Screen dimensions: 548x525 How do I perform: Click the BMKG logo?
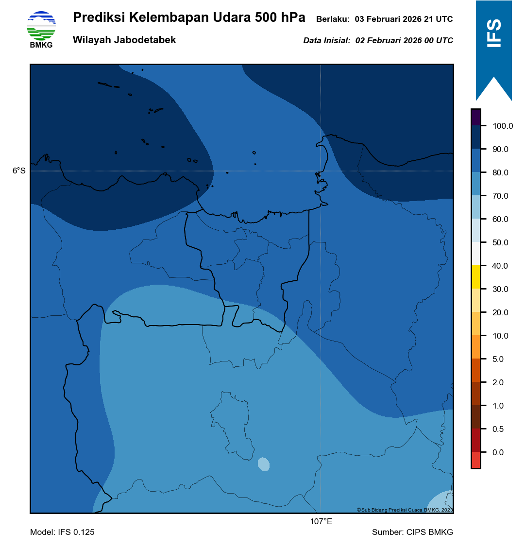click(x=41, y=29)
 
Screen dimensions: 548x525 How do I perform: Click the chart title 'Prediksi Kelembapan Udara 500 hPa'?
click(x=189, y=18)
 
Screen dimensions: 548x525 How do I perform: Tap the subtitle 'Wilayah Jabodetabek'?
click(x=124, y=40)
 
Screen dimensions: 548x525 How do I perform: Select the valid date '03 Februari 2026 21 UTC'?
click(x=404, y=19)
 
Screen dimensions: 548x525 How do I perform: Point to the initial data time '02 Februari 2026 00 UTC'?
click(x=404, y=41)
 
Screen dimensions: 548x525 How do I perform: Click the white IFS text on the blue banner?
click(x=494, y=33)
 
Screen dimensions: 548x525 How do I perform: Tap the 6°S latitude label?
click(x=19, y=171)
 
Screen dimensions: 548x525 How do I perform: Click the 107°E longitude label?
click(x=321, y=522)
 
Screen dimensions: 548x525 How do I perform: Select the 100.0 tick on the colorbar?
click(x=503, y=126)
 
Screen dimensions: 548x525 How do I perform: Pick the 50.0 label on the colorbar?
click(x=500, y=243)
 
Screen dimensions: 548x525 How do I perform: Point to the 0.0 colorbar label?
click(x=498, y=453)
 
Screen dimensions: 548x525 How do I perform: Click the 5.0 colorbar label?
click(x=498, y=360)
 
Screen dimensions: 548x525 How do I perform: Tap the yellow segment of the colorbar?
click(x=476, y=277)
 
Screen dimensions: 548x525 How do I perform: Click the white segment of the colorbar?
click(x=476, y=254)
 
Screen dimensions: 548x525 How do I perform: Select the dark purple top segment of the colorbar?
click(x=476, y=117)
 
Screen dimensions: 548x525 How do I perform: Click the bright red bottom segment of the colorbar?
click(x=476, y=460)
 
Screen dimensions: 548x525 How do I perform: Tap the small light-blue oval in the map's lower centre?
click(x=263, y=464)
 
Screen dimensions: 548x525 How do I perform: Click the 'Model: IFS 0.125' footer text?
click(x=62, y=532)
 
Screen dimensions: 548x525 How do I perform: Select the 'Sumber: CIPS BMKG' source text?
click(x=412, y=532)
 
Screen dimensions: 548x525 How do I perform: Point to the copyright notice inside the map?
click(x=405, y=510)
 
